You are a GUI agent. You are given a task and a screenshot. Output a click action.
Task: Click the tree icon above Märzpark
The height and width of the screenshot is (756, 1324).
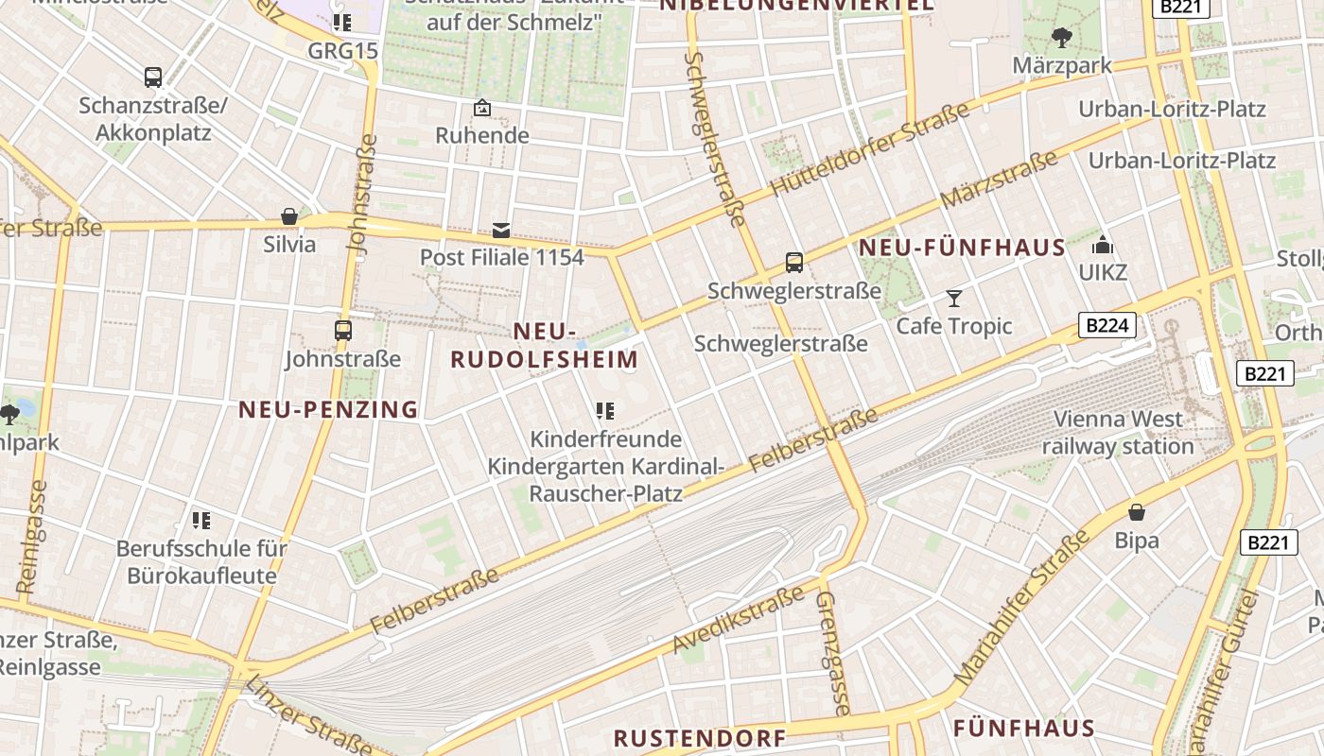coord(1061,38)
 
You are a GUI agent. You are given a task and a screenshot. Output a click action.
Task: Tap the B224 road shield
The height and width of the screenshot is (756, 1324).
coord(1106,326)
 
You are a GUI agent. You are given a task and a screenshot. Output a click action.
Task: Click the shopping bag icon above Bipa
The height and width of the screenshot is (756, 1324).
coord(1137,512)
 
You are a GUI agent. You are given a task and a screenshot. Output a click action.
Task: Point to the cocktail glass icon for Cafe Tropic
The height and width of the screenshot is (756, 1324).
coord(953,299)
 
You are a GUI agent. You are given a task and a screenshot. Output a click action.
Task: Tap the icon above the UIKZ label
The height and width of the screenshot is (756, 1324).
coord(1103,246)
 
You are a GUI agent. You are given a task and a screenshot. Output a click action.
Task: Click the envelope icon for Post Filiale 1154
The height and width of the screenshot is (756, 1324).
coord(501,230)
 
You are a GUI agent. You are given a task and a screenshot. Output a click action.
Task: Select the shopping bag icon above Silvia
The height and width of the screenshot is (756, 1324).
coord(289,216)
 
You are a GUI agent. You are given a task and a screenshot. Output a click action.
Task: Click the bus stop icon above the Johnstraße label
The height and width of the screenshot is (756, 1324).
coord(343,331)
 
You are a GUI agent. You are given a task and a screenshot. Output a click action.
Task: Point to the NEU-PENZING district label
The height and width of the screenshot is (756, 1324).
coord(328,409)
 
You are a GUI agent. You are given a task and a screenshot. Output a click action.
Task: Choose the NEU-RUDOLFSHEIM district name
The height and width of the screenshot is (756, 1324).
coord(545,346)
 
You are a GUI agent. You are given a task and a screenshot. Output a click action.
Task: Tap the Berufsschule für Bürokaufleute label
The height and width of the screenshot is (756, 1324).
coord(201,561)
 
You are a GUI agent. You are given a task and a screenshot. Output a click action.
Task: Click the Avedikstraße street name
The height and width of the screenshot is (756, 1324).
coord(738,618)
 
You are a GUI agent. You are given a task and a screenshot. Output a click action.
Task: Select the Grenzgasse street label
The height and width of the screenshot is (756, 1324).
coord(833,652)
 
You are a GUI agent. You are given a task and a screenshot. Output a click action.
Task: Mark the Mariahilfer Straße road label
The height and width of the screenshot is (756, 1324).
coord(1024,609)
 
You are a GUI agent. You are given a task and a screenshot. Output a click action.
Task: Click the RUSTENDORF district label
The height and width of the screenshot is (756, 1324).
coord(700,738)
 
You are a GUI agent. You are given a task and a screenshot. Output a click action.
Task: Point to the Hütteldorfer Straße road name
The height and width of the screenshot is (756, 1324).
coord(870,148)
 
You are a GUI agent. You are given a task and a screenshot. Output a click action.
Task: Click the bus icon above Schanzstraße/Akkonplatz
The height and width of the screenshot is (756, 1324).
coord(153,77)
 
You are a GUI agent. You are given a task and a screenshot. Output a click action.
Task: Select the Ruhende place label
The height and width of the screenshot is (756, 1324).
coord(482,135)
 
